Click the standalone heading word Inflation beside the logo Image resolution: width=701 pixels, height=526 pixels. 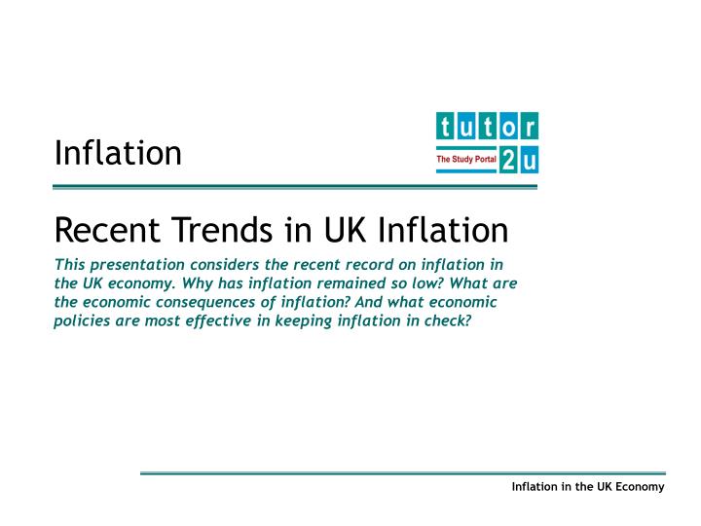pos(118,153)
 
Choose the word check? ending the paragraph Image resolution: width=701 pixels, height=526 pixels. pos(448,320)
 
